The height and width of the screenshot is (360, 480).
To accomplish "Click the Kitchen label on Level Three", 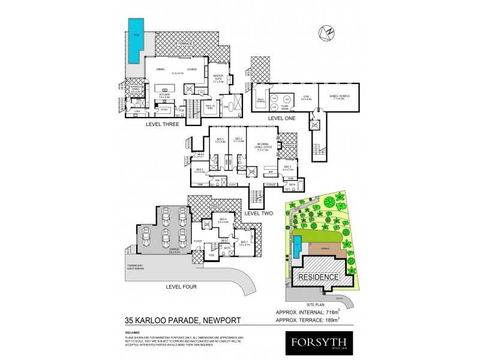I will [x=164, y=95].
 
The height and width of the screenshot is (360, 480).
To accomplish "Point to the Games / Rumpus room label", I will [x=340, y=98].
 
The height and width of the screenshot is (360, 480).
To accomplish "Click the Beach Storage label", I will [x=261, y=100].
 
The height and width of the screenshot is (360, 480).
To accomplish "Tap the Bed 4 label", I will [x=200, y=171].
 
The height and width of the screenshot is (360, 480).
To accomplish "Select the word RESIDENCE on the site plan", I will [x=319, y=277].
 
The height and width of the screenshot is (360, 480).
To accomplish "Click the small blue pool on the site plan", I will [x=298, y=244].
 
